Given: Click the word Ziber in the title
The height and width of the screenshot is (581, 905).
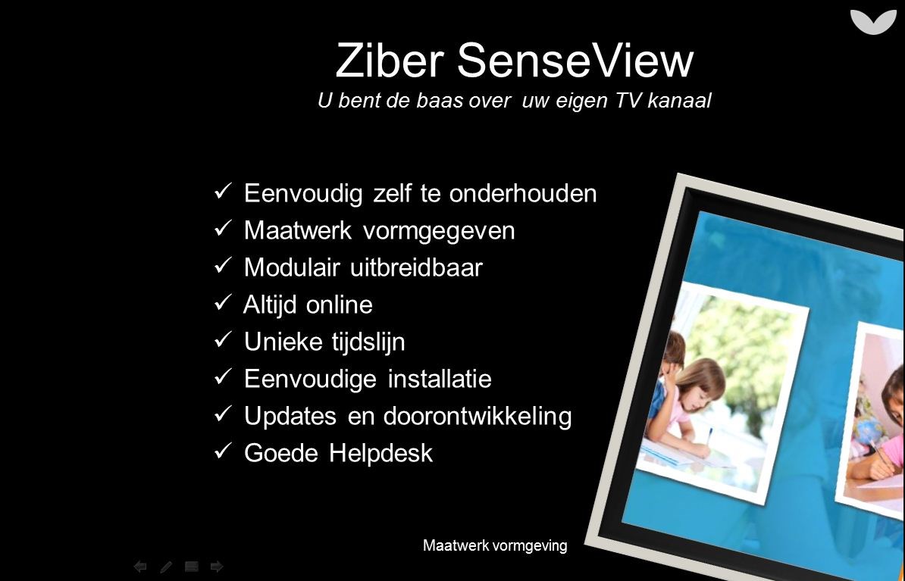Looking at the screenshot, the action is click(x=390, y=60).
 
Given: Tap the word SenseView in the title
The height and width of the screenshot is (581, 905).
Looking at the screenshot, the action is click(x=575, y=60).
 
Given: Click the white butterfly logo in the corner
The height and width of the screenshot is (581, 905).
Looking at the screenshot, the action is click(x=873, y=22).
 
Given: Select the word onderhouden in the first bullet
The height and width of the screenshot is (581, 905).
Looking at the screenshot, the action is click(x=523, y=193).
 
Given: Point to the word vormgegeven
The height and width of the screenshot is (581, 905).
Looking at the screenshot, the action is click(x=439, y=231).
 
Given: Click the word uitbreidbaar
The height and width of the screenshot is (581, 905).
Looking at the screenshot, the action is click(x=416, y=267).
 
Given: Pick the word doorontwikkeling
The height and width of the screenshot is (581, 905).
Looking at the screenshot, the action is click(x=478, y=416).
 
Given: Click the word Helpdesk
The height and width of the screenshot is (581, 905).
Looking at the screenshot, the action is click(x=381, y=453).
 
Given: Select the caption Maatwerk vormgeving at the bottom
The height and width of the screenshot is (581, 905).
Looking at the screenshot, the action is click(x=495, y=545).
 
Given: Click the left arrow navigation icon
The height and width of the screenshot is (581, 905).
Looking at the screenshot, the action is click(x=139, y=567).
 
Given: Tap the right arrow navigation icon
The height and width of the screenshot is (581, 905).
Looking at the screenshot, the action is click(x=217, y=567).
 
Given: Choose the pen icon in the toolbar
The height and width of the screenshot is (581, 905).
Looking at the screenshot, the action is click(x=166, y=567).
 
